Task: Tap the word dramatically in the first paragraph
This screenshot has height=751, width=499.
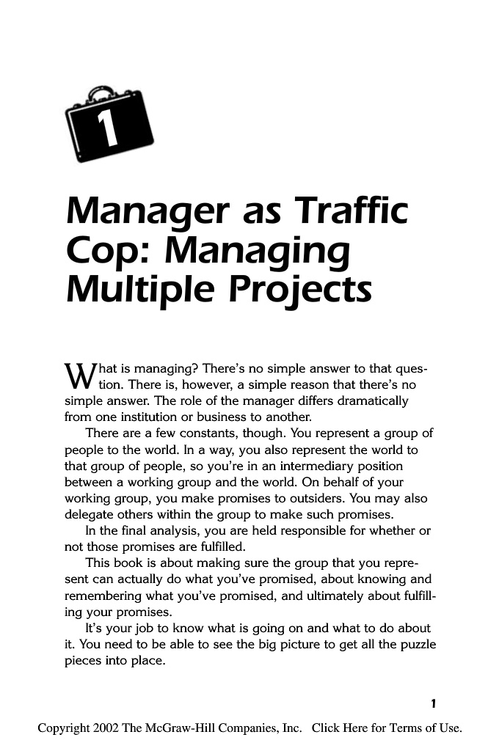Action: (x=365, y=402)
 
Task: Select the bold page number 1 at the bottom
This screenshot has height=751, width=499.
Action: (x=434, y=704)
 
